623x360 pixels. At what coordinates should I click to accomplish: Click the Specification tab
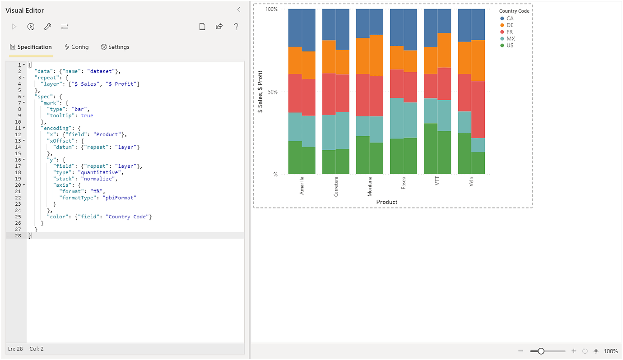[x=31, y=47]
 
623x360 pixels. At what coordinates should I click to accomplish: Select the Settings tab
[x=115, y=47]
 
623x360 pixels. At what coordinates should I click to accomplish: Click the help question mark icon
[x=236, y=27]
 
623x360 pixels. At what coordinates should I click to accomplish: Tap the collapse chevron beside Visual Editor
[x=239, y=9]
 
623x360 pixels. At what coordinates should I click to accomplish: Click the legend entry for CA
[x=510, y=18]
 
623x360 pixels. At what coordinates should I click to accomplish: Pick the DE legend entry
[x=510, y=25]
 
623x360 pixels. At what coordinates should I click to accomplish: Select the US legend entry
[x=510, y=45]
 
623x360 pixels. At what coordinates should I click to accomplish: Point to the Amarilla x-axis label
[x=302, y=185]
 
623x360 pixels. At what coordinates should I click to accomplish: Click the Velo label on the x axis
[x=471, y=182]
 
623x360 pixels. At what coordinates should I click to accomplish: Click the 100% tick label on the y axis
[x=271, y=9]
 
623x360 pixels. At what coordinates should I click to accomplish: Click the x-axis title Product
[x=386, y=202]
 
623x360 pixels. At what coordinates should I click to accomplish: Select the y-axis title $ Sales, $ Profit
[x=260, y=92]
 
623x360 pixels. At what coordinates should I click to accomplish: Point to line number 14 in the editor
[x=18, y=147]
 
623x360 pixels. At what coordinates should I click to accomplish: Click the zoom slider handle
[x=541, y=351]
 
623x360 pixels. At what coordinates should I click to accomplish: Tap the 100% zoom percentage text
[x=610, y=351]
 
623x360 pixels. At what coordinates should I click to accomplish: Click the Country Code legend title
[x=514, y=11]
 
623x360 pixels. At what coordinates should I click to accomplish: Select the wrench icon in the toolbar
[x=47, y=27]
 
